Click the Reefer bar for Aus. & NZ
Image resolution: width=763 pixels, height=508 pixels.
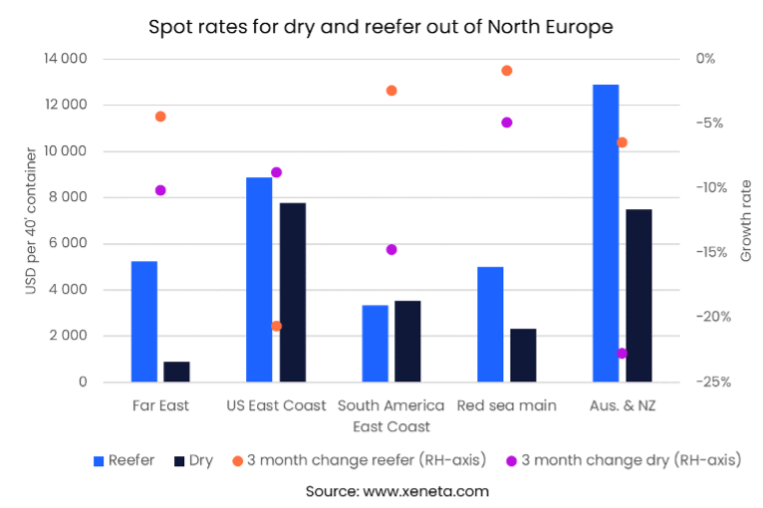click(606, 233)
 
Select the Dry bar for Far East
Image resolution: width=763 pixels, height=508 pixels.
click(176, 372)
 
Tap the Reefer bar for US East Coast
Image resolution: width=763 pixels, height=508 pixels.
click(259, 280)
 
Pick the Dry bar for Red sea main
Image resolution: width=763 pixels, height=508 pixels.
click(523, 356)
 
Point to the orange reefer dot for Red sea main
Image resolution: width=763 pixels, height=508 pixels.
click(506, 71)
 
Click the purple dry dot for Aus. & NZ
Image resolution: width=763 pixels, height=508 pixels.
click(622, 354)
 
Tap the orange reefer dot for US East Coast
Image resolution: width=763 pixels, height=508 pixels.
click(276, 326)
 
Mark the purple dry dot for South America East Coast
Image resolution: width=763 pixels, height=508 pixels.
click(391, 249)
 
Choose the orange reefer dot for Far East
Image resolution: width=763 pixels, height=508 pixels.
click(160, 117)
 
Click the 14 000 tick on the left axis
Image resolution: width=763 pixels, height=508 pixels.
click(66, 59)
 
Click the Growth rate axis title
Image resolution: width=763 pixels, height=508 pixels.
click(746, 220)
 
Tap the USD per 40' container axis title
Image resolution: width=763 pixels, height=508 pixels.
click(29, 220)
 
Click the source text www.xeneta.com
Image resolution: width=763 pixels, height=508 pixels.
click(381, 491)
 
